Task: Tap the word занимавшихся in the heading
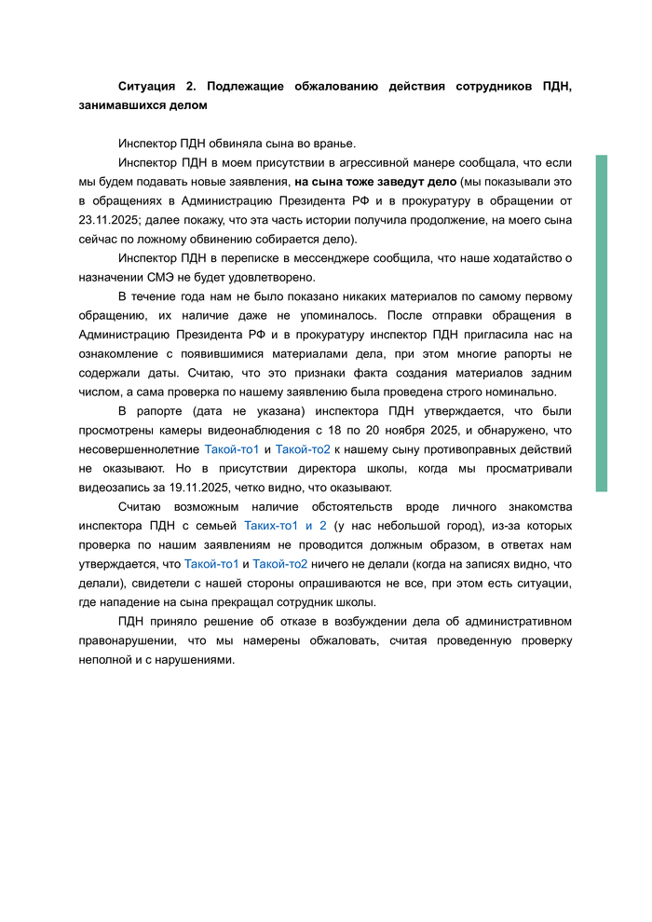[120, 105]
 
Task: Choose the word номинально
[520, 392]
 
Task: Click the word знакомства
[539, 506]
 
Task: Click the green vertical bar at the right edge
[602, 323]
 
